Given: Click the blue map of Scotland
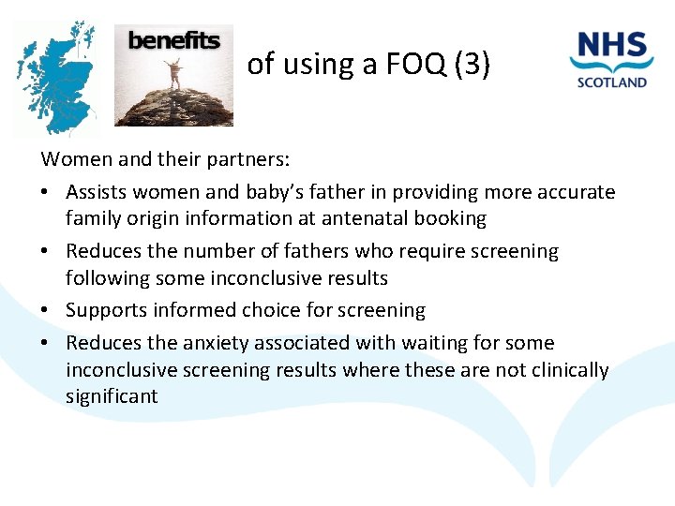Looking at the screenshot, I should (56, 80).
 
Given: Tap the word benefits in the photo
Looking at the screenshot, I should (173, 40).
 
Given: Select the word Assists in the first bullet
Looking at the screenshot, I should (98, 192).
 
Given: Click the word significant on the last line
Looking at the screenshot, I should (112, 396).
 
